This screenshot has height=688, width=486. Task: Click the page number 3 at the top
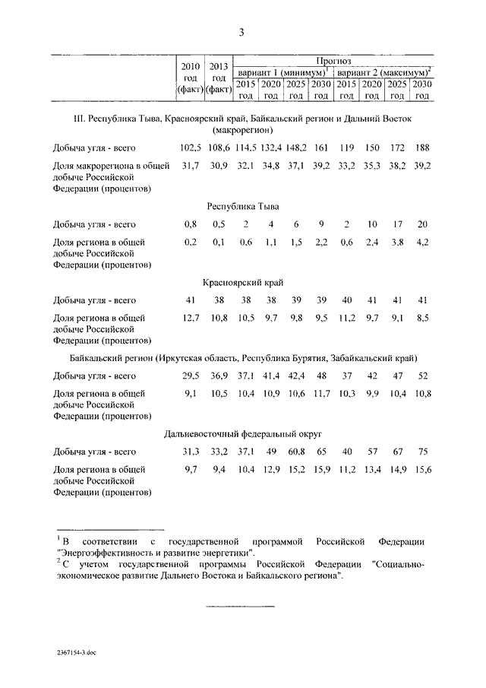tap(241, 32)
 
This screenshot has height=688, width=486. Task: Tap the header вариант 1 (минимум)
tap(282, 71)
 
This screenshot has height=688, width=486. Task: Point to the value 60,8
tap(296, 452)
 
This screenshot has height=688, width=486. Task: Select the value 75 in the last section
tap(422, 452)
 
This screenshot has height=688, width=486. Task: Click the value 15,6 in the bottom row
tap(422, 471)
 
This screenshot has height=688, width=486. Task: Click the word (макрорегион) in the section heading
tap(241, 130)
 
